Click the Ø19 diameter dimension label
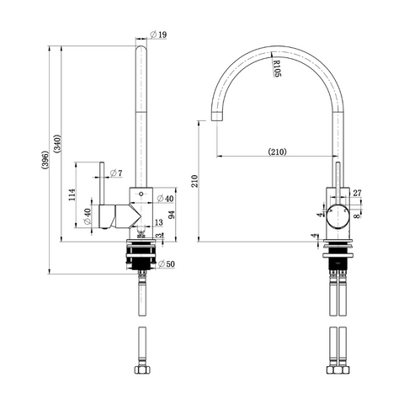coord(158,35)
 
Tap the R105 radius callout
coord(277,68)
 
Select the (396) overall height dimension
coord(45,160)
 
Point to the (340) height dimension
coord(57,144)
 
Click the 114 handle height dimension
coord(72,194)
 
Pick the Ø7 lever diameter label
coord(116,173)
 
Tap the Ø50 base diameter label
coord(167,264)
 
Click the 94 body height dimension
coord(171,215)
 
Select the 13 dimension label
coord(159,222)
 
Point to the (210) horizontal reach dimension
coord(278,151)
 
